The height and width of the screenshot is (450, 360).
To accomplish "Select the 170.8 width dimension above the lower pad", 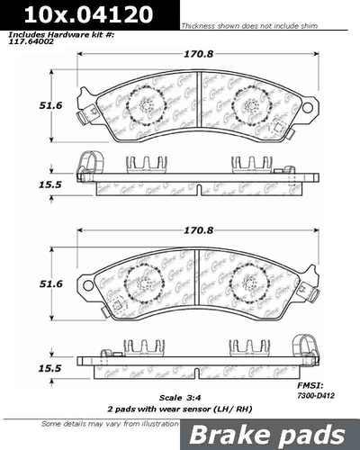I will (197, 230).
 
